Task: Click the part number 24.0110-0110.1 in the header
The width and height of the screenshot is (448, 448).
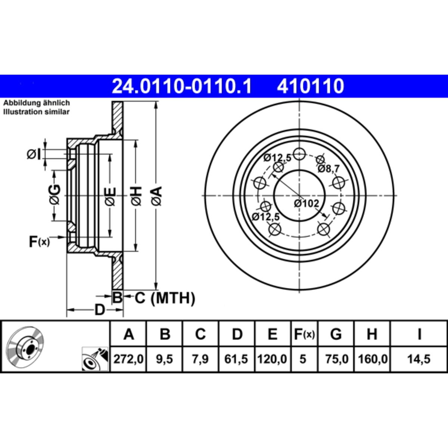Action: [x=181, y=86]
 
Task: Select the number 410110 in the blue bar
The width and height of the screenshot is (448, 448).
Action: [x=310, y=86]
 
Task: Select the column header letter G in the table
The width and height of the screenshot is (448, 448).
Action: [x=336, y=334]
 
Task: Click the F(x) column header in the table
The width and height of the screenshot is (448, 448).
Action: [x=304, y=334]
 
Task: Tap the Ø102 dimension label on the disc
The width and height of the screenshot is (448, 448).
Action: [x=307, y=204]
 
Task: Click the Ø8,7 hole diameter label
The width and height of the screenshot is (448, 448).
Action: [x=329, y=169]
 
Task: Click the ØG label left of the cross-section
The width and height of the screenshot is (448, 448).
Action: [x=55, y=195]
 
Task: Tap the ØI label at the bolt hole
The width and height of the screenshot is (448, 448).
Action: [x=34, y=154]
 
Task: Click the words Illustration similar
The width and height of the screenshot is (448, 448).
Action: [x=36, y=112]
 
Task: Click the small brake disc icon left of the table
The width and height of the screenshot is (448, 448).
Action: [x=25, y=348]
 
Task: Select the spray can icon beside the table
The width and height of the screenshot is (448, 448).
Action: [x=95, y=359]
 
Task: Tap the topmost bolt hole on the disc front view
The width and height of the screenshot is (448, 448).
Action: [x=299, y=154]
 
